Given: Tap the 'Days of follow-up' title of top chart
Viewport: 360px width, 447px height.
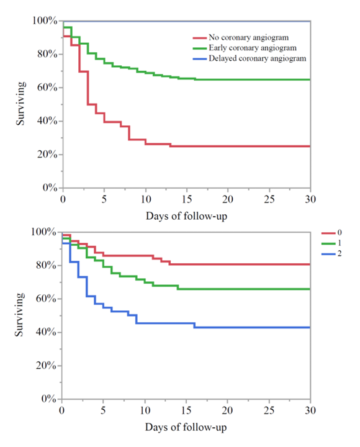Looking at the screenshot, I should pyautogui.click(x=186, y=215).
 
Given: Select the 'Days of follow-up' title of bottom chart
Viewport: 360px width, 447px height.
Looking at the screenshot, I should pyautogui.click(x=186, y=428).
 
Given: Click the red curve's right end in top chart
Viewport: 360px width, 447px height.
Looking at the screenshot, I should pyautogui.click(x=310, y=147).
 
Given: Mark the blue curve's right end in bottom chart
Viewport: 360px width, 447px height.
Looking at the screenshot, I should pyautogui.click(x=310, y=327).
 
